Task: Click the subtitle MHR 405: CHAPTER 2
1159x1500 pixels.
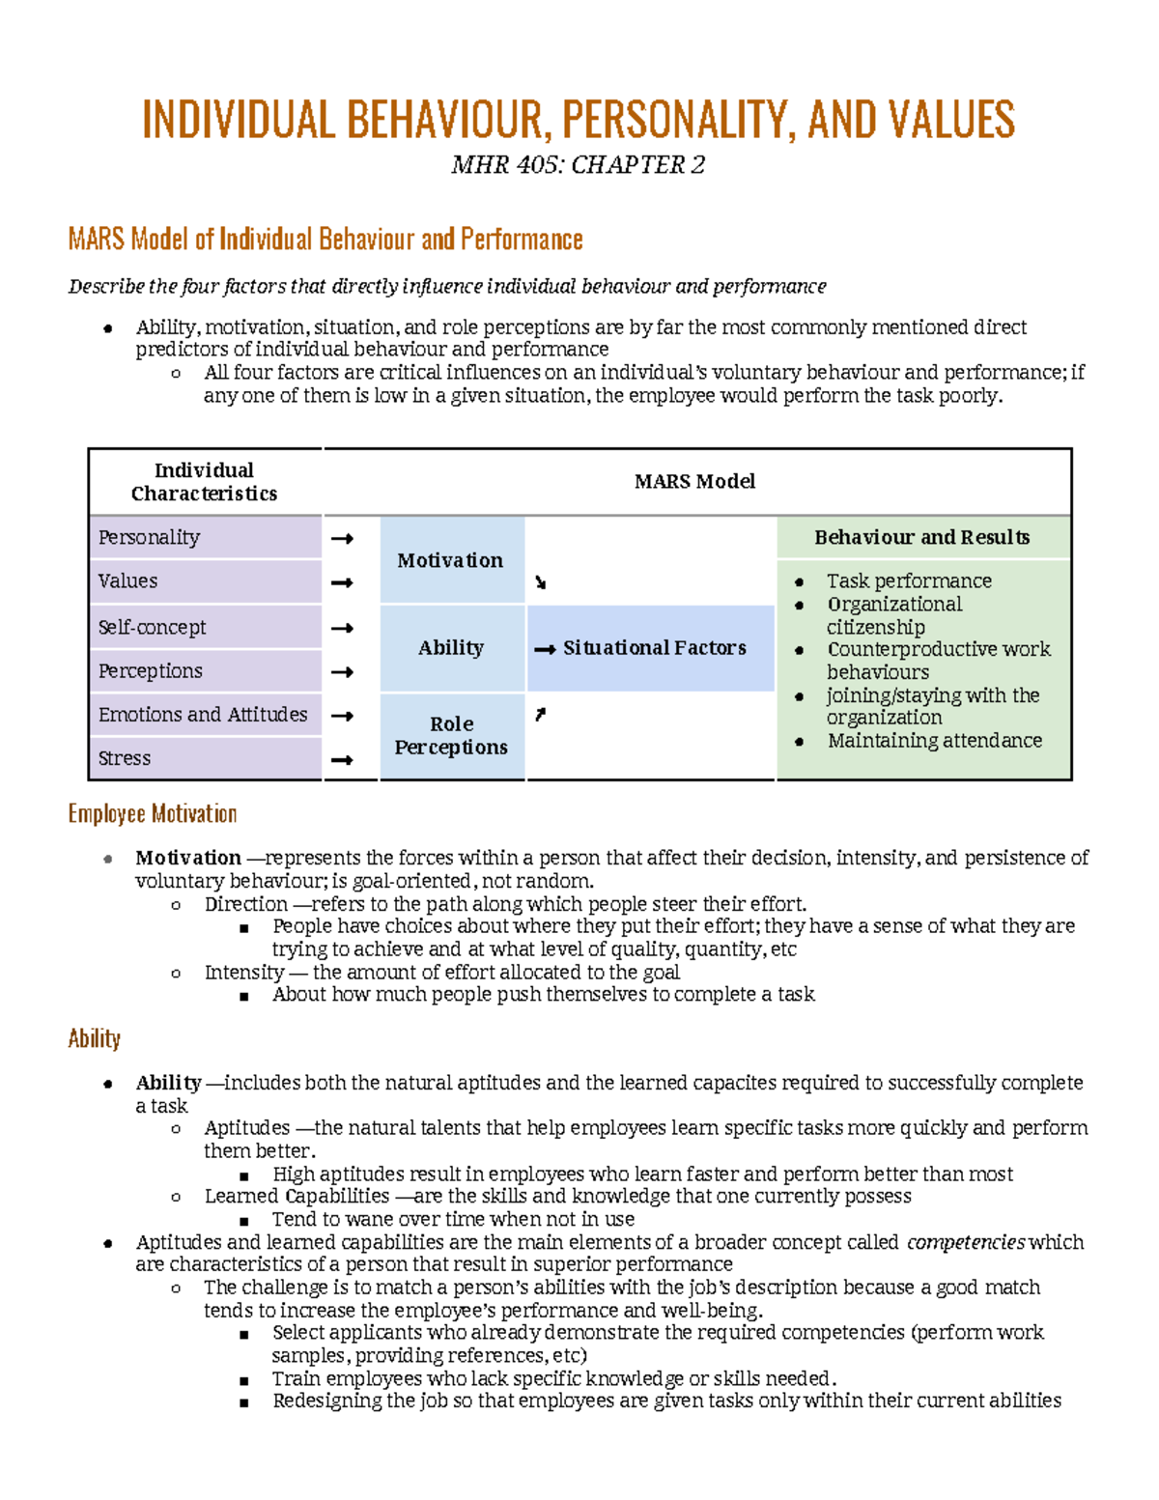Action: click(x=578, y=165)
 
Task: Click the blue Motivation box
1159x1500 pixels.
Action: click(x=451, y=560)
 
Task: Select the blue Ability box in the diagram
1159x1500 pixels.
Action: click(x=451, y=648)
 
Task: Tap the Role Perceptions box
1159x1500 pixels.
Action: click(x=451, y=735)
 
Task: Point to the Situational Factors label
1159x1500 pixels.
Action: click(x=654, y=648)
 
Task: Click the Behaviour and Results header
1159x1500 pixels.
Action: click(x=921, y=537)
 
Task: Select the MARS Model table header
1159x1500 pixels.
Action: click(x=694, y=481)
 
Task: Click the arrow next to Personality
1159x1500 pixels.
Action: click(x=342, y=539)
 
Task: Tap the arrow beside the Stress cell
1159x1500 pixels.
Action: click(x=342, y=760)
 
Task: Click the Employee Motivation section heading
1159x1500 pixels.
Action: click(x=153, y=814)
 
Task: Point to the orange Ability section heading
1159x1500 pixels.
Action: click(x=95, y=1039)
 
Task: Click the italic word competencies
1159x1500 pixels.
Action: click(x=965, y=1242)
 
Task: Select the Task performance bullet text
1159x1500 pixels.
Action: click(x=909, y=580)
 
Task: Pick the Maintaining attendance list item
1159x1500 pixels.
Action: click(x=934, y=741)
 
